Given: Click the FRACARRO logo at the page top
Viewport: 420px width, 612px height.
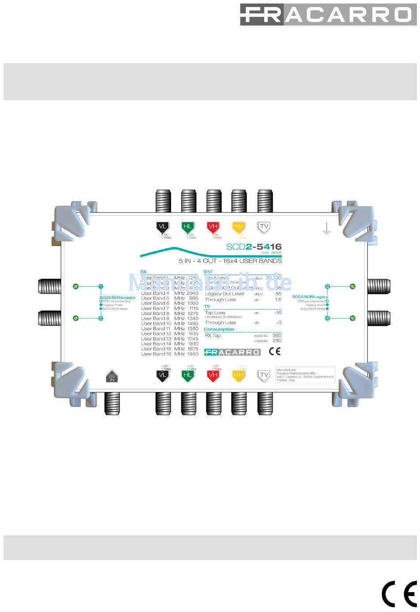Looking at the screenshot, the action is pyautogui.click(x=325, y=14).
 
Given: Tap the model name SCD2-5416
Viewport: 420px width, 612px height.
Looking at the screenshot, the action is pyautogui.click(x=254, y=247).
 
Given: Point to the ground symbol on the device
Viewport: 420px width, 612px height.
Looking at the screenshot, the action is pyautogui.click(x=326, y=228).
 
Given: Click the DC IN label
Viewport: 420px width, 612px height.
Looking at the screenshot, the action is pyautogui.click(x=112, y=377).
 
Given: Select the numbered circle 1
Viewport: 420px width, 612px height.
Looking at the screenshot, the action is pyautogui.click(x=101, y=286).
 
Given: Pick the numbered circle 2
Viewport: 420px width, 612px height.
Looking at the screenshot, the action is pyautogui.click(x=101, y=318).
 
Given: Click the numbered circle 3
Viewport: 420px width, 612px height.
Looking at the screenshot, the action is pyautogui.click(x=328, y=286).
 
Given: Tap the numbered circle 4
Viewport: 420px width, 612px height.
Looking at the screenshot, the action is pyautogui.click(x=328, y=318).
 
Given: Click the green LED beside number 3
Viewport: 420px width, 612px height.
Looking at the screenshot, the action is pyautogui.click(x=352, y=286).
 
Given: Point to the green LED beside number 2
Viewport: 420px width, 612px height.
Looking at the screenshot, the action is pyautogui.click(x=76, y=318).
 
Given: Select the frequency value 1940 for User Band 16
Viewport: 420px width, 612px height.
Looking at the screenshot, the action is pyautogui.click(x=193, y=354).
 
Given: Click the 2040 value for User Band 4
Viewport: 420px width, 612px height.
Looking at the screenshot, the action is pyautogui.click(x=193, y=293).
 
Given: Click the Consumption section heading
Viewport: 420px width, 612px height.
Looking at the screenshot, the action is pyautogui.click(x=219, y=329).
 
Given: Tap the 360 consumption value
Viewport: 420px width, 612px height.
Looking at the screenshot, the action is pyautogui.click(x=277, y=335).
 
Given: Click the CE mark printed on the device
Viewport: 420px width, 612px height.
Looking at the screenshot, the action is pyautogui.click(x=275, y=352).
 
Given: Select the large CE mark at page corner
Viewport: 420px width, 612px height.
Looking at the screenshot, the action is pyautogui.click(x=399, y=593).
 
